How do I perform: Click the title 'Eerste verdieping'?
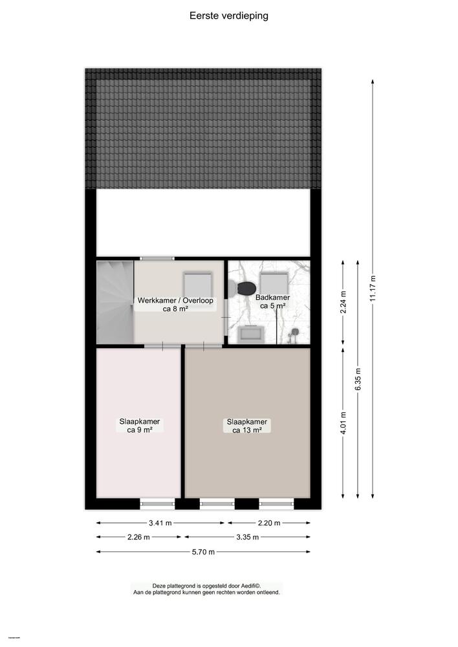(x=229, y=16)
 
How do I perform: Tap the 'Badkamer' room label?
(x=275, y=298)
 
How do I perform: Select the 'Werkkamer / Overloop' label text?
(x=175, y=301)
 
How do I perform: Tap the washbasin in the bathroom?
(x=250, y=333)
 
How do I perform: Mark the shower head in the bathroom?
(x=294, y=333)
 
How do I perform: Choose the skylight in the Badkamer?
(x=274, y=283)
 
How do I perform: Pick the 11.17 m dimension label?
(x=372, y=288)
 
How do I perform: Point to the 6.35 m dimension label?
(x=357, y=378)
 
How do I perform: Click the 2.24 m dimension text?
(x=343, y=301)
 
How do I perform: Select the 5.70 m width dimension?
(x=203, y=552)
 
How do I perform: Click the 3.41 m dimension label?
(x=160, y=523)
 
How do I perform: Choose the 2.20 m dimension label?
(x=268, y=523)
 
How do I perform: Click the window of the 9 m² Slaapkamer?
(x=157, y=503)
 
